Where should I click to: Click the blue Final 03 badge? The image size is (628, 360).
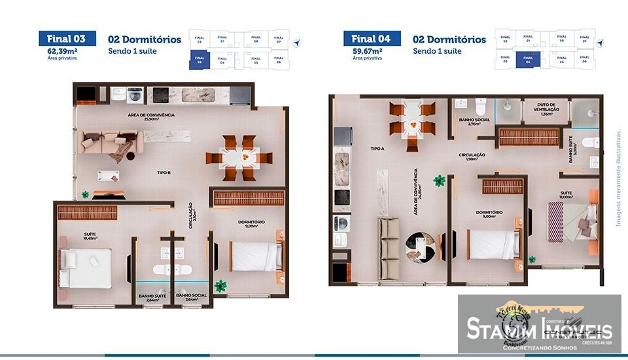[67, 39]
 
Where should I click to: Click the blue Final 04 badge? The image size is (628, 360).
[372, 39]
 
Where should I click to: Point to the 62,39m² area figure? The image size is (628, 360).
[61, 50]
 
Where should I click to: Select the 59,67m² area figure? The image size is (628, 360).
[366, 50]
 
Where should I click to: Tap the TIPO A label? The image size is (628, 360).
[377, 149]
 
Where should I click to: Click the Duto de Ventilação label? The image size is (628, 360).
[546, 108]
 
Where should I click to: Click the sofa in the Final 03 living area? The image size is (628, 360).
[109, 144]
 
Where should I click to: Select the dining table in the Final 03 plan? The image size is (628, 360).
[239, 158]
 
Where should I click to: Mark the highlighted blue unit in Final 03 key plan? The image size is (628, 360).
[200, 60]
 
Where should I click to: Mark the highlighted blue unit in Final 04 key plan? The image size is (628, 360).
[527, 60]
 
